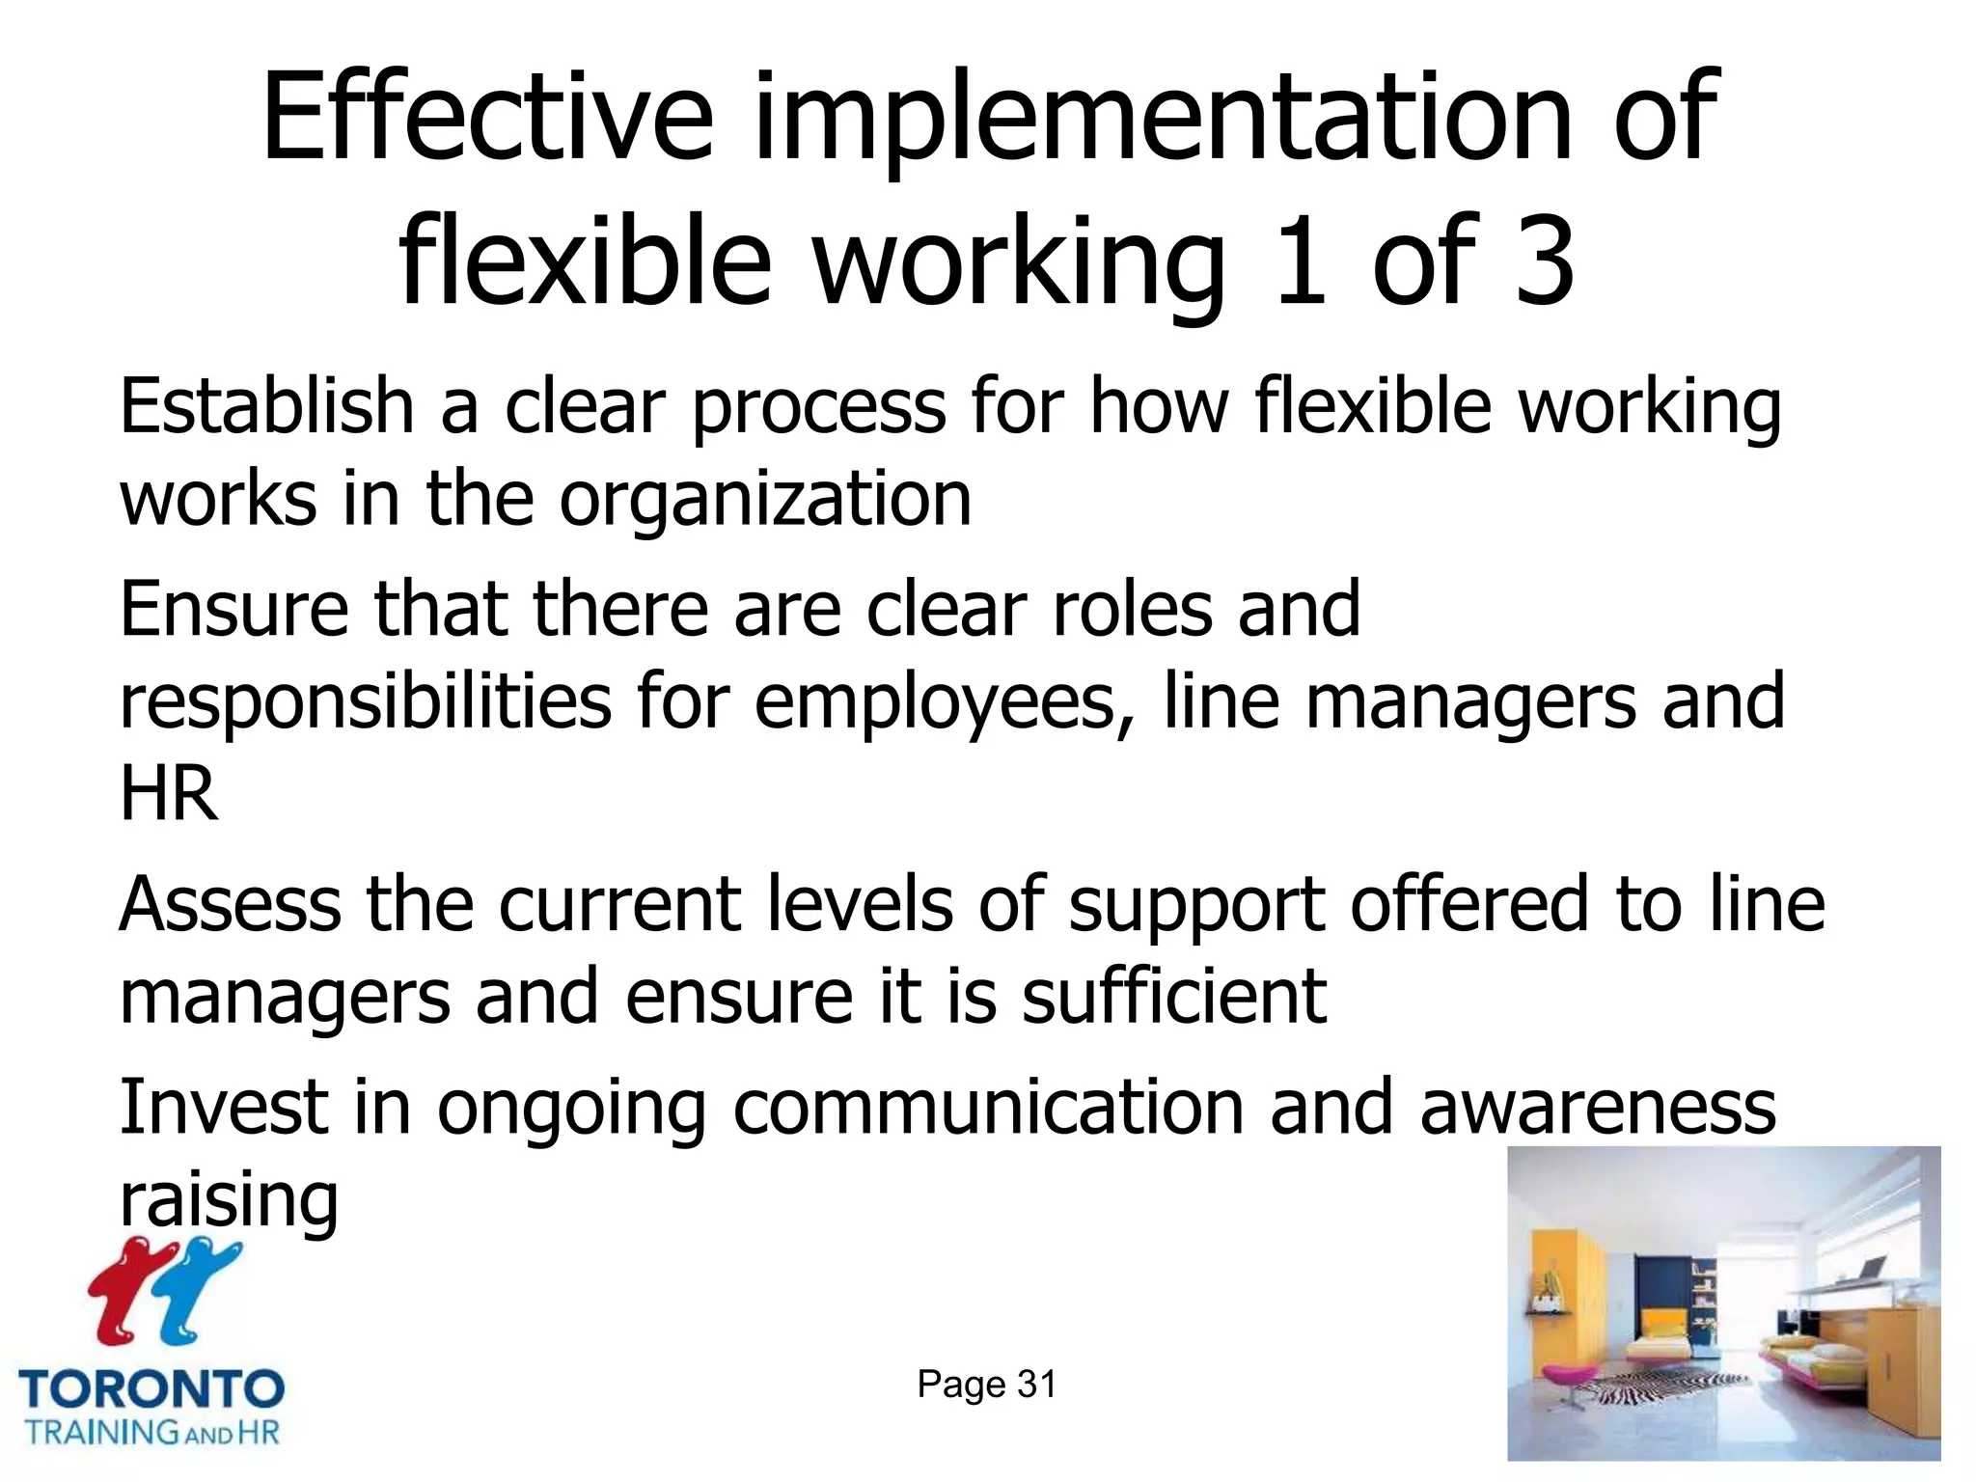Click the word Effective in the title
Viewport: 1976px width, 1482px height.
(x=487, y=118)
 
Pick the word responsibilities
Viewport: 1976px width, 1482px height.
(x=365, y=702)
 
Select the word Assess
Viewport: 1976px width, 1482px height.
(x=231, y=905)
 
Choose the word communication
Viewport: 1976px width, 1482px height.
(x=988, y=1109)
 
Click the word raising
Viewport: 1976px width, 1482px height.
(x=229, y=1201)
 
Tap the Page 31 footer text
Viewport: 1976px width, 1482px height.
(x=986, y=1385)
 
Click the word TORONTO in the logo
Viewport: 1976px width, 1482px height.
(x=151, y=1390)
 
